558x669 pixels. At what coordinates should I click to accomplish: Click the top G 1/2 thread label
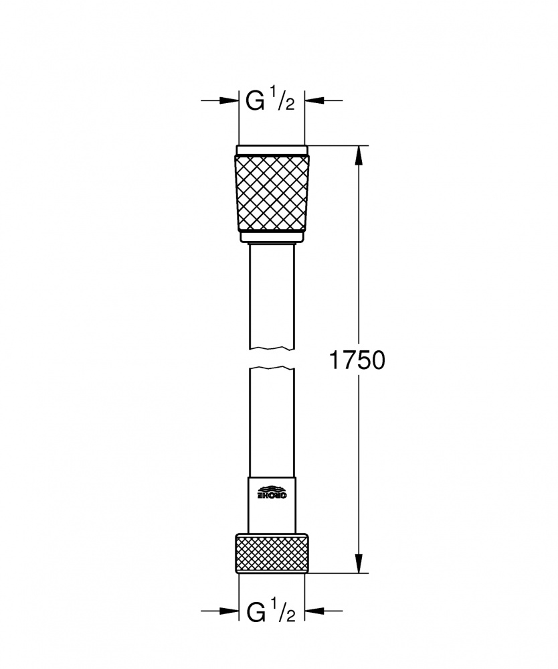(x=271, y=101)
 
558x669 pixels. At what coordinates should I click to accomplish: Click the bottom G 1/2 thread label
(x=271, y=611)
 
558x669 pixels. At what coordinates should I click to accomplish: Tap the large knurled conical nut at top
(x=272, y=192)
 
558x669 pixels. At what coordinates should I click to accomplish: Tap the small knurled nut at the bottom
(x=272, y=553)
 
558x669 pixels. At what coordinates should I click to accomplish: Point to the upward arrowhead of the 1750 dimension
(x=360, y=155)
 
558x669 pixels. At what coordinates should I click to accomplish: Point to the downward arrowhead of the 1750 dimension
(x=360, y=563)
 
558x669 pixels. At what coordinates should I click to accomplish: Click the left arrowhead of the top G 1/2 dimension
(x=229, y=101)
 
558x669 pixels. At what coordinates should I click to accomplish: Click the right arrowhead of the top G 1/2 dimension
(x=314, y=101)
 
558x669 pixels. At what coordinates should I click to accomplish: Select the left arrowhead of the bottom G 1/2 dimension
(x=229, y=611)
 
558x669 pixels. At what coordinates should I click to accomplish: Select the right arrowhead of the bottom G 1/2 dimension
(x=314, y=611)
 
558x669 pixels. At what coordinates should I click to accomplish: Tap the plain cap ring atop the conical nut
(x=272, y=150)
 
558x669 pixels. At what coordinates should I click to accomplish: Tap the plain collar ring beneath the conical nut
(x=272, y=236)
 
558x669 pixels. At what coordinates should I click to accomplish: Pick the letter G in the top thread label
(x=254, y=102)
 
